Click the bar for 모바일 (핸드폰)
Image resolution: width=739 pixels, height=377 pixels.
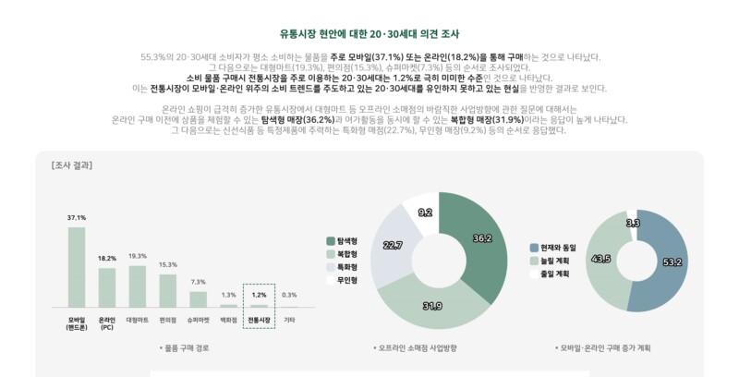pos(76,266)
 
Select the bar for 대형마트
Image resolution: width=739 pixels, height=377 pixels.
pos(137,286)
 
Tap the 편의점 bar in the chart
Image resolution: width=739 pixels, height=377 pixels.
pos(167,290)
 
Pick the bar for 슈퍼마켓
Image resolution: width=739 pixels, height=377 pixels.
pos(198,298)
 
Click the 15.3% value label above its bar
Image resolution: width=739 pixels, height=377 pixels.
pos(167,264)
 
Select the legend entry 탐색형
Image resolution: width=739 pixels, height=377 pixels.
pos(346,240)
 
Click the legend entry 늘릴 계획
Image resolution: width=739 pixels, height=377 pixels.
pos(554,261)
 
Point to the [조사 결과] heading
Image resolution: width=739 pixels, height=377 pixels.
pos(71,165)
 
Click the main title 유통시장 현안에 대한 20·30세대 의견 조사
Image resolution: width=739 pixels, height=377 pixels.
pos(369,34)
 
